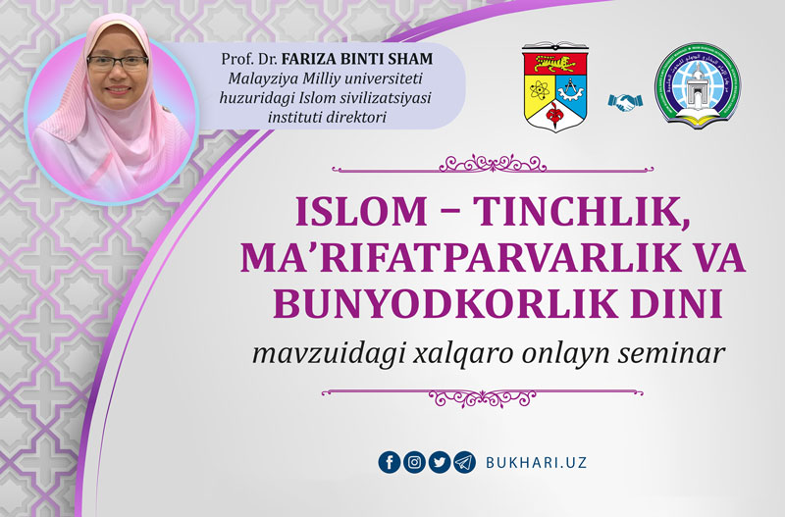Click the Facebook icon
click(390, 462)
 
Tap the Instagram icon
click(414, 462)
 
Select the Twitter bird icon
click(440, 462)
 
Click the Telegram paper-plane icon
click(464, 462)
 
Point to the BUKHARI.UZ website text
click(536, 462)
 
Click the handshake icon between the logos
click(622, 102)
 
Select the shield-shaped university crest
click(555, 87)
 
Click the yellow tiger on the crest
click(554, 64)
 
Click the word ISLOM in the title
click(360, 212)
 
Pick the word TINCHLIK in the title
click(580, 213)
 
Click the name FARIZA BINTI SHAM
click(357, 59)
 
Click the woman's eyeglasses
click(118, 62)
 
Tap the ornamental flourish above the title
click(493, 165)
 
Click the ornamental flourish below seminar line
click(483, 397)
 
